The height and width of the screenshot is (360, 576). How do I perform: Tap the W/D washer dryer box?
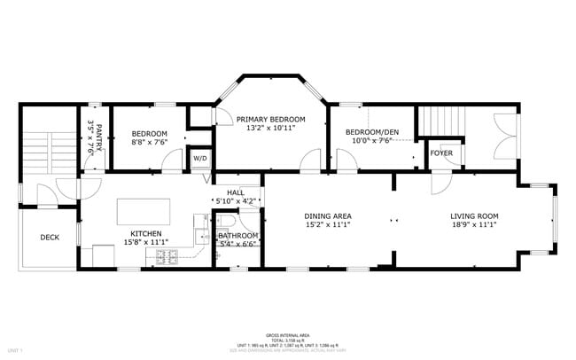200,159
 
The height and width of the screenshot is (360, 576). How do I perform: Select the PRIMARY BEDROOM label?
270,119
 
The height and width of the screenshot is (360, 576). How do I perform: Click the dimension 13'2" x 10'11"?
270,129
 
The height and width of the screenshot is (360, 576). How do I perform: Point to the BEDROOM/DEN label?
372,132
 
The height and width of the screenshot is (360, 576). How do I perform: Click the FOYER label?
441,153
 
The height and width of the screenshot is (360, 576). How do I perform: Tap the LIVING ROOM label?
474,215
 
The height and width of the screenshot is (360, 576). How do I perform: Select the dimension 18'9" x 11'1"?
474,225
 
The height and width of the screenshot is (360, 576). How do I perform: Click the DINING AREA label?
328,215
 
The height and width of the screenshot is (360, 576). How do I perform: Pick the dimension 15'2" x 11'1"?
328,225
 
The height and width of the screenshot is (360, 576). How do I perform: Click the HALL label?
235,192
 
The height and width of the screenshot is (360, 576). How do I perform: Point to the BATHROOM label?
237,235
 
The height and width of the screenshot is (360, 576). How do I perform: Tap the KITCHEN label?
146,233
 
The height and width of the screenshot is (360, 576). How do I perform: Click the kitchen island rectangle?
143,211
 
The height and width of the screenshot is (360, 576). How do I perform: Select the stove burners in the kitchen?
167,257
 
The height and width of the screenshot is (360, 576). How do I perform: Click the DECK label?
50,237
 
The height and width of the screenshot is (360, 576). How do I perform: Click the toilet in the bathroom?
227,221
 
